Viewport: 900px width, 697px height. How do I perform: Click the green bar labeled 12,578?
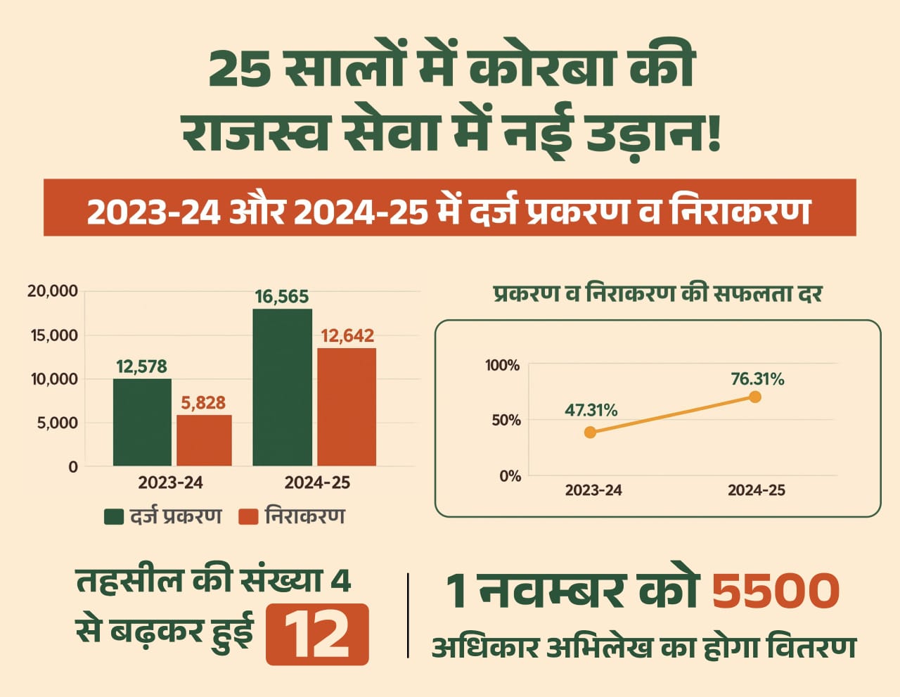coord(142,422)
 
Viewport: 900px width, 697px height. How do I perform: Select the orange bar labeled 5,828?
coord(204,440)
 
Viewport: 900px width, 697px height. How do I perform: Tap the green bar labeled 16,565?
coord(282,387)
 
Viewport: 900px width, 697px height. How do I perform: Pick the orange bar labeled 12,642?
coord(347,407)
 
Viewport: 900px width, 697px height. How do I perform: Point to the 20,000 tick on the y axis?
coord(53,291)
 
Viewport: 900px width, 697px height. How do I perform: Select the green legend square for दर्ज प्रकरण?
coord(113,517)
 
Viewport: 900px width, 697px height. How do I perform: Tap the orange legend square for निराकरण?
coord(248,517)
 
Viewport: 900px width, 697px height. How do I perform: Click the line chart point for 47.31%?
coord(590,432)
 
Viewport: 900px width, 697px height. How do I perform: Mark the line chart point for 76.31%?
coord(755,397)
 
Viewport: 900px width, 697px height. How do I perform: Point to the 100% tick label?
coord(502,365)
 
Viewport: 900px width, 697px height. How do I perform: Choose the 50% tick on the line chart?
coord(506,421)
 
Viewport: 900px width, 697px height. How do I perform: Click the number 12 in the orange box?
coord(317,634)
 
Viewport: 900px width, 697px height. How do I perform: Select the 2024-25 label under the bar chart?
coord(317,483)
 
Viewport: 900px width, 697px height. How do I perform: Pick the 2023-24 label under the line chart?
coord(593,491)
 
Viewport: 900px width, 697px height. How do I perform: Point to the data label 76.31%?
coord(757,379)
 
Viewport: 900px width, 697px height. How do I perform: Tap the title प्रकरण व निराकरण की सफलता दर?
coord(657,293)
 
